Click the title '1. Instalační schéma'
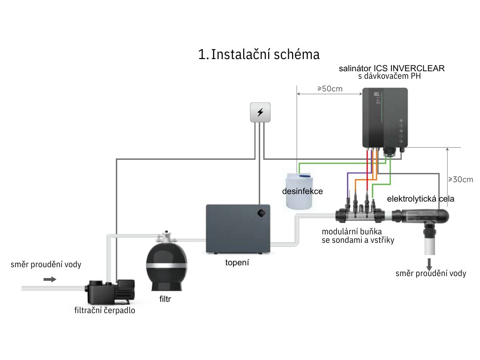tap(259, 54)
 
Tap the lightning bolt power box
tap(261, 112)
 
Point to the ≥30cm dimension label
tap(461, 179)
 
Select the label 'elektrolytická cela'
tap(420, 199)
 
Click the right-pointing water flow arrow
tap(49, 279)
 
